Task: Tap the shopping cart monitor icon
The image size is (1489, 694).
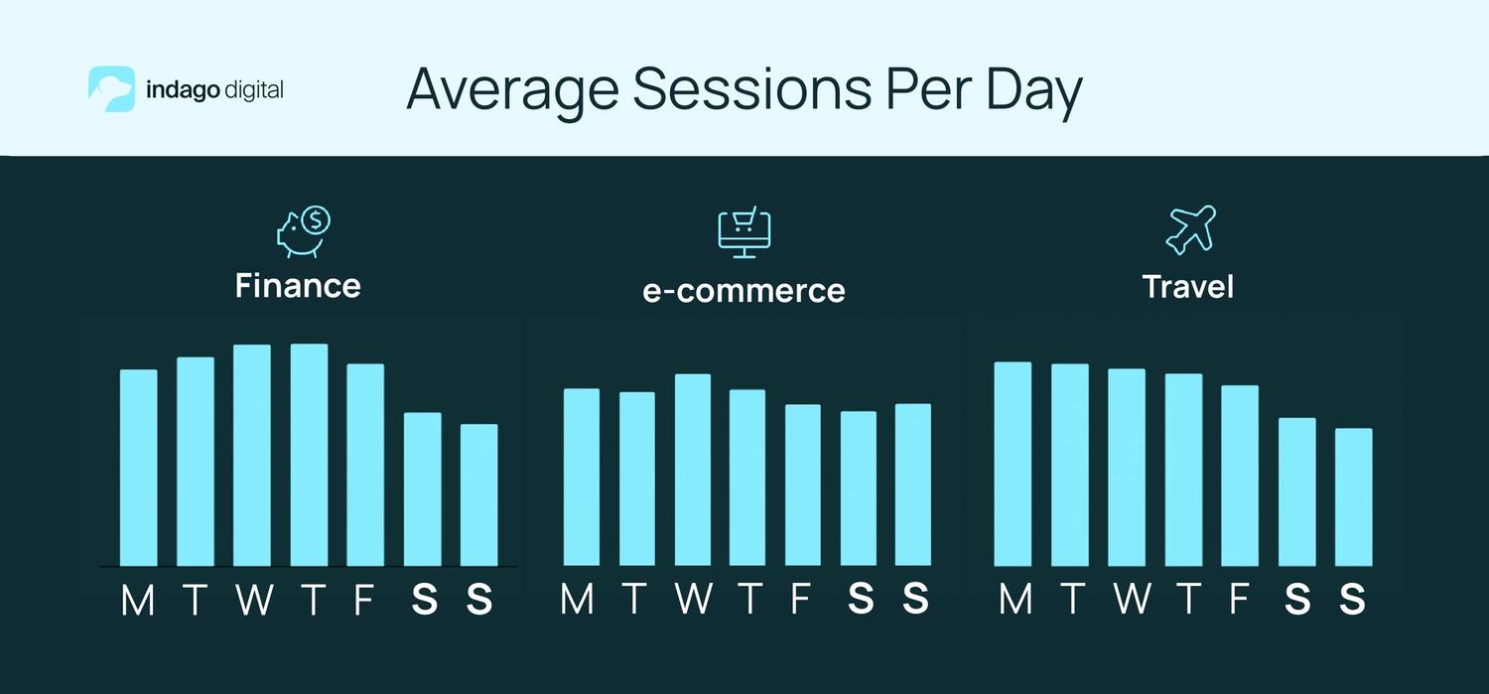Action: (x=744, y=232)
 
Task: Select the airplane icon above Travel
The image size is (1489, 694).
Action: (x=1189, y=230)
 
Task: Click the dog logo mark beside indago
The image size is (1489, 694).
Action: (x=111, y=89)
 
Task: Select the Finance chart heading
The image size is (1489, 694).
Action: (x=298, y=286)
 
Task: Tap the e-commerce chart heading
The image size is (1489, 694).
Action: (x=744, y=290)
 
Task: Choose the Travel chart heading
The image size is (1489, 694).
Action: (x=1188, y=287)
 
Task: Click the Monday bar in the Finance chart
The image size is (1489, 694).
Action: (x=139, y=467)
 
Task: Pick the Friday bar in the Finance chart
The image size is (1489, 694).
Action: (x=365, y=465)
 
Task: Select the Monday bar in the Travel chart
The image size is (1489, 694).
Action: (x=1013, y=464)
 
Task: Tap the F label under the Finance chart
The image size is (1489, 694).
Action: (x=364, y=601)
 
